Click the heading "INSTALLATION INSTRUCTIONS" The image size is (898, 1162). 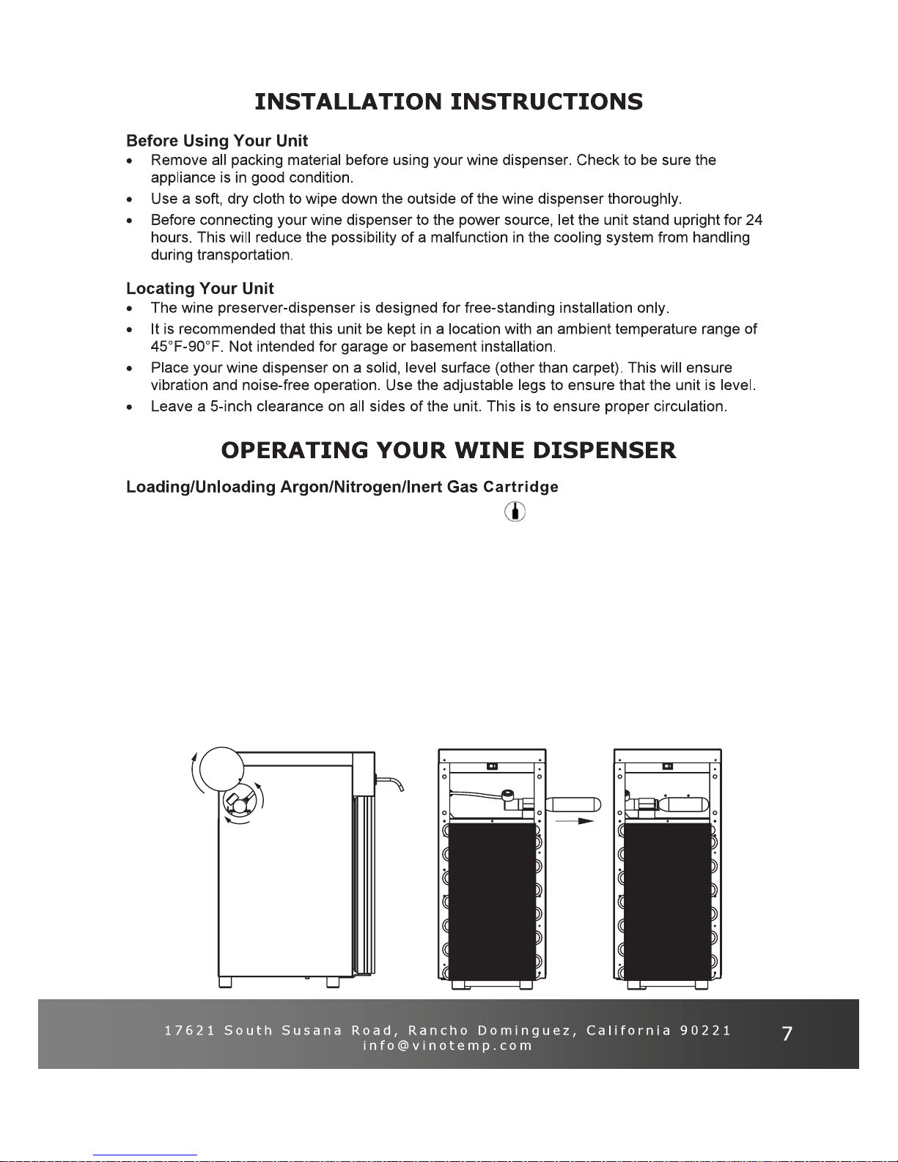click(449, 102)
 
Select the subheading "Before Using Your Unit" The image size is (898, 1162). click(216, 141)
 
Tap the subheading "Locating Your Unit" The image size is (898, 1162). click(200, 288)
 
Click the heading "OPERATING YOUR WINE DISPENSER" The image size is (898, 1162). click(449, 450)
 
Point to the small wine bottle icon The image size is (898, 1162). click(515, 512)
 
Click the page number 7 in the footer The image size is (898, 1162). click(787, 1034)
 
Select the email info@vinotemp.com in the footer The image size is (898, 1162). click(448, 1045)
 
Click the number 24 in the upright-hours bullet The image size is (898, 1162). click(754, 220)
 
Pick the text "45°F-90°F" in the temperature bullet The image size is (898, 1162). click(186, 347)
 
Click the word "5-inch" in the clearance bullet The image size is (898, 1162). click(231, 406)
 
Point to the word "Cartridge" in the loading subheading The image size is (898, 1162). click(520, 487)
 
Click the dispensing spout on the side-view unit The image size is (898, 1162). click(390, 784)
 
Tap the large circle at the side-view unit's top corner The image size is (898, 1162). click(221, 769)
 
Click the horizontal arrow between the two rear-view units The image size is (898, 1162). click(575, 821)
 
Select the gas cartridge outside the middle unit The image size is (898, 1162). click(573, 804)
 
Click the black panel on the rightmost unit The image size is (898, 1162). click(668, 902)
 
